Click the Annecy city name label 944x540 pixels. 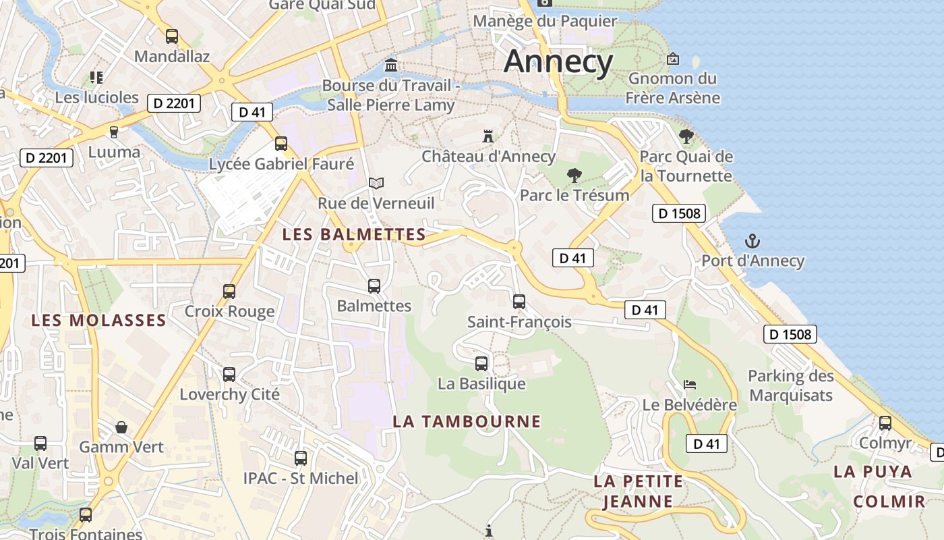[x=558, y=61]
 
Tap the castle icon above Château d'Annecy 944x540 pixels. [x=488, y=136]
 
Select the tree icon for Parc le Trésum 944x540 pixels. [x=574, y=175]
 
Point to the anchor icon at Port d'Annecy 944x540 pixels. [x=752, y=241]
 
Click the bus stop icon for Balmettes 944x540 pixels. [x=374, y=286]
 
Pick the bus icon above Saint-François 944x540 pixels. [x=519, y=302]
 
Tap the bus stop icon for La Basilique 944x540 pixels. [x=481, y=364]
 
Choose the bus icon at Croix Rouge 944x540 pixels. [x=229, y=292]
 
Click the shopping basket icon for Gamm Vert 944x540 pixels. [x=121, y=427]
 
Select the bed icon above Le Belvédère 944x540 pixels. [x=689, y=385]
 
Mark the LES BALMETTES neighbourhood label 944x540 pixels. [x=354, y=235]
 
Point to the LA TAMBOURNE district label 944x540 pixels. [x=467, y=422]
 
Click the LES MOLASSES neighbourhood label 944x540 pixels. [x=98, y=320]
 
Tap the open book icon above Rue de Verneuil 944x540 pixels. [x=376, y=183]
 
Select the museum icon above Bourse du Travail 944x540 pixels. [x=390, y=65]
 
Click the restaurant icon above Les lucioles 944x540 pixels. [x=96, y=78]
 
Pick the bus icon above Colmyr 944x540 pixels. [x=885, y=423]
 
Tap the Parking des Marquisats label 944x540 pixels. [x=791, y=385]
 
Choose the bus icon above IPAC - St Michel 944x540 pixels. [x=301, y=458]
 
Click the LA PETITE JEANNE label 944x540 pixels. [x=638, y=491]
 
